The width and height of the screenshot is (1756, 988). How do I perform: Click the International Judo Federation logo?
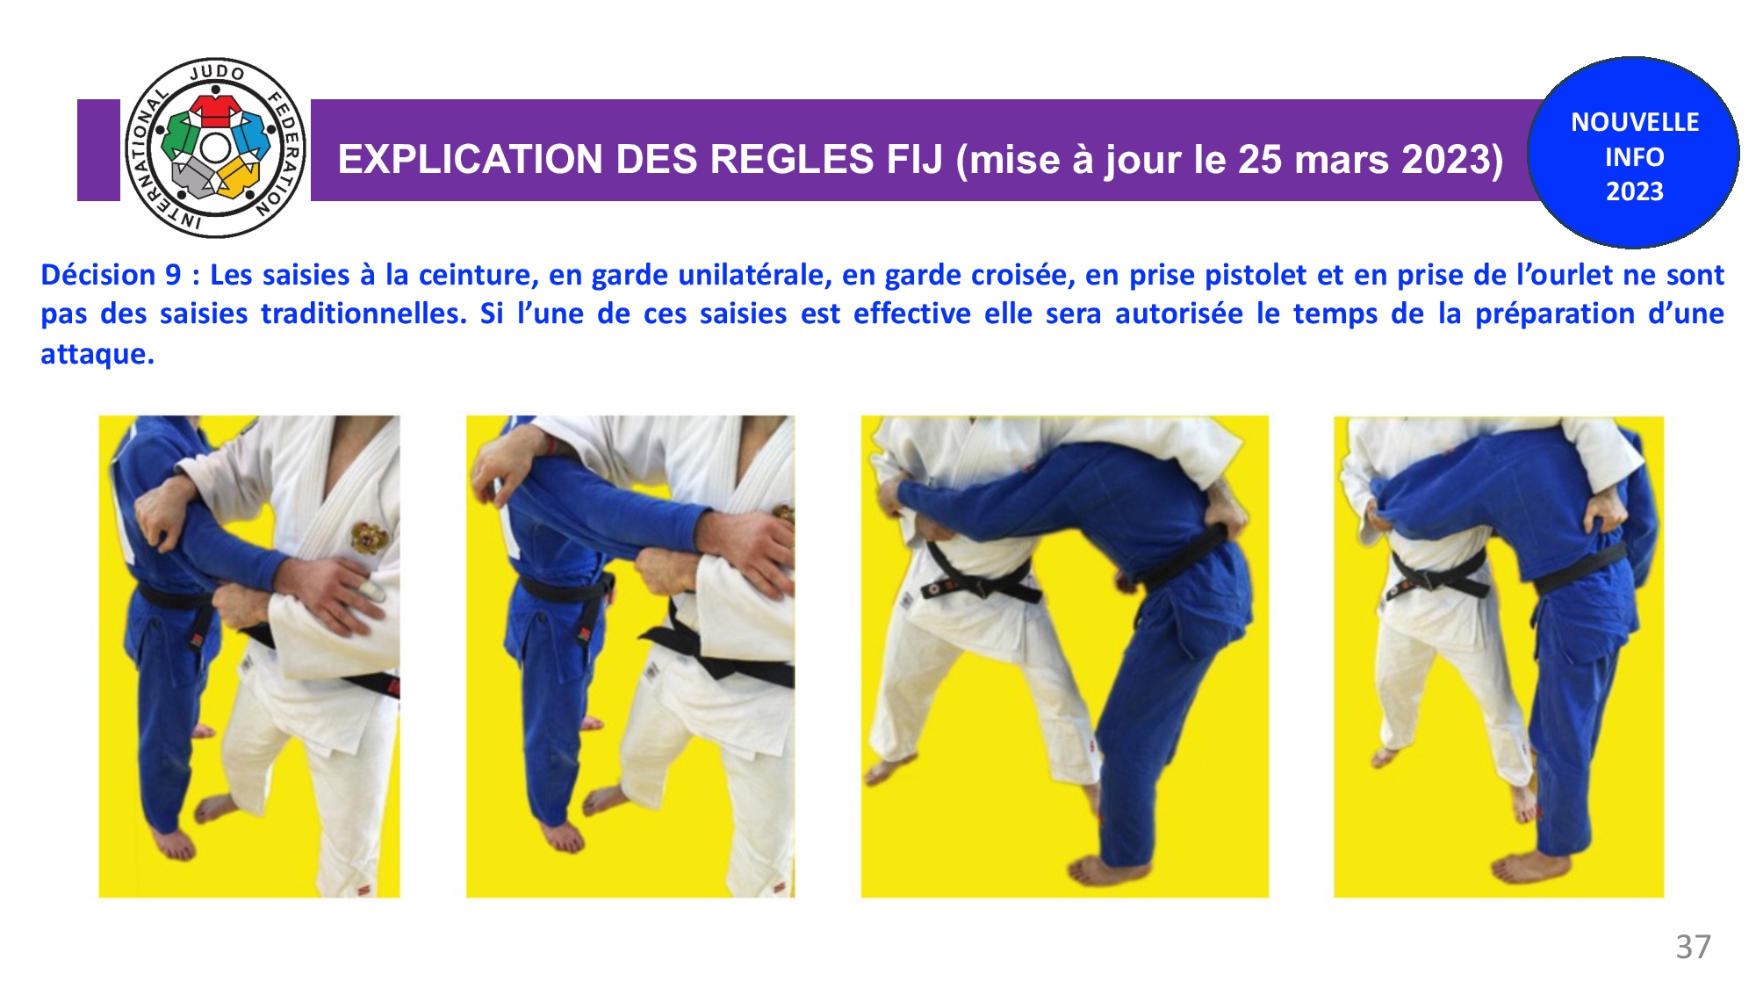215,148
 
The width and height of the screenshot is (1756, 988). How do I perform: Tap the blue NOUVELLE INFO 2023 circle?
1633,153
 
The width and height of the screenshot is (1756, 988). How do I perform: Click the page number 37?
1693,947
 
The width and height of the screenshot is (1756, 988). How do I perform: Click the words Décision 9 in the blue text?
111,275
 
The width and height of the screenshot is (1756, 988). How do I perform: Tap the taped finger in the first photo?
373,589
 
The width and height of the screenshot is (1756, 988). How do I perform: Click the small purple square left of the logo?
98,150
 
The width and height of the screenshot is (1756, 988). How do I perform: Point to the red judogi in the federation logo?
215,110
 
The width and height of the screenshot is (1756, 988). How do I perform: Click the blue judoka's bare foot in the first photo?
176,844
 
